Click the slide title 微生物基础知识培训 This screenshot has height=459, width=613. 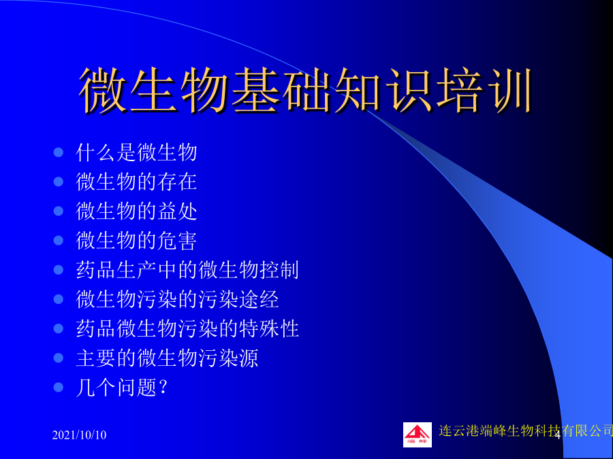(x=306, y=90)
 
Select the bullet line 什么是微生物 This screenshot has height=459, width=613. (x=136, y=152)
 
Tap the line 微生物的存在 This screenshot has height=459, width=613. (x=136, y=182)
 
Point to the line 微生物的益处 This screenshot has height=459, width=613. (x=136, y=211)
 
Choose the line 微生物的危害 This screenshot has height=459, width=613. (x=136, y=241)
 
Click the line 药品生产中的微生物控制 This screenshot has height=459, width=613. (x=187, y=270)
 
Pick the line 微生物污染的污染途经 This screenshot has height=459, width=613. (x=177, y=299)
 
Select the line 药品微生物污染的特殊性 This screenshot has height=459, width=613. (x=187, y=328)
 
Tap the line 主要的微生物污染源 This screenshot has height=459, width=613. (x=167, y=358)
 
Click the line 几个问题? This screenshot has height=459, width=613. (x=122, y=388)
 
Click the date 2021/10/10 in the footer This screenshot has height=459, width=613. (x=80, y=435)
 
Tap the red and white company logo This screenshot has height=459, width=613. (x=418, y=435)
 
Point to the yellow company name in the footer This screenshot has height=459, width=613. (x=525, y=430)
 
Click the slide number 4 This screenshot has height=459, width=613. (x=557, y=436)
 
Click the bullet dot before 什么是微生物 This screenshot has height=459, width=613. (x=59, y=152)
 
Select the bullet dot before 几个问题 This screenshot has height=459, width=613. (x=59, y=388)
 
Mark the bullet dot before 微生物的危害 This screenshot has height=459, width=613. (x=59, y=241)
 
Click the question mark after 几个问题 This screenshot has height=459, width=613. (x=163, y=387)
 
